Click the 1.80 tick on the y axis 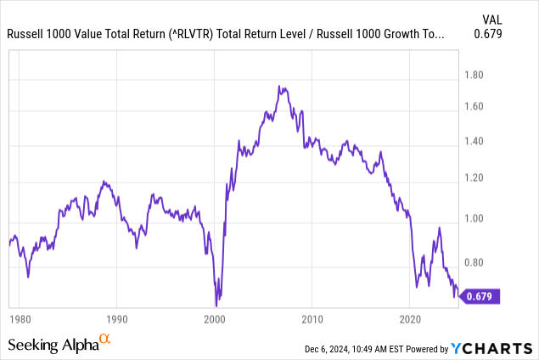click(x=479, y=75)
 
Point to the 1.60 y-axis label click(x=479, y=107)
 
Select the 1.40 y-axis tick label click(x=479, y=141)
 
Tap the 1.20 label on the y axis click(x=479, y=177)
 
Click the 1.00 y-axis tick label click(x=479, y=218)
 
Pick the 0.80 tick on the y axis click(x=479, y=262)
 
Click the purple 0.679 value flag click(x=482, y=296)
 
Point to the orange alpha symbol click(x=105, y=339)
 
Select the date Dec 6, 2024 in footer click(x=332, y=349)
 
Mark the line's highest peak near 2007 click(x=280, y=86)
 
